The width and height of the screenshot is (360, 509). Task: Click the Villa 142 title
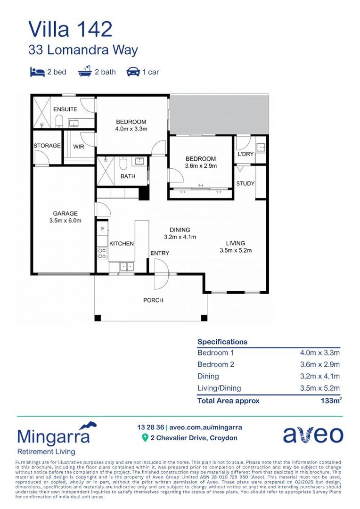pos(70,29)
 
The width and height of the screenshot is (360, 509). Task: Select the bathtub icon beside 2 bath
pos(85,72)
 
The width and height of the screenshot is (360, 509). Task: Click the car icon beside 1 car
pos(133,72)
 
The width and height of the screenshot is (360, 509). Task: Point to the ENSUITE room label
pos(65,109)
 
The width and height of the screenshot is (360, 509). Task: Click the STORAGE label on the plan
pos(47,146)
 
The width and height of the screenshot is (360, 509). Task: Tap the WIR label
pos(78,146)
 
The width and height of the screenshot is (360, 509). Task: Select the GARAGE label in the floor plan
pos(65,213)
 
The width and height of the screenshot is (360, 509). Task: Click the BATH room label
pos(128,176)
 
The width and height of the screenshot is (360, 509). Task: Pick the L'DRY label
pos(246,155)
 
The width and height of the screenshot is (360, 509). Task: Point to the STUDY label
pos(245,183)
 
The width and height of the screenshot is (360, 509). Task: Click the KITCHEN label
pos(122,244)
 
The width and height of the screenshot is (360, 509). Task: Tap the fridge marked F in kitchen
pos(102,229)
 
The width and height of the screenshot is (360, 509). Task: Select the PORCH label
pos(153,300)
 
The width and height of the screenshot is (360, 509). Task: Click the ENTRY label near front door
pos(160,253)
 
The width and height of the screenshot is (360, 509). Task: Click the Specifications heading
pos(222,342)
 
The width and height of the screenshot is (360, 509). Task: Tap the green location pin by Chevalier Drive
pos(145,438)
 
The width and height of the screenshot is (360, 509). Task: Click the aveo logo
pos(313,435)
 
